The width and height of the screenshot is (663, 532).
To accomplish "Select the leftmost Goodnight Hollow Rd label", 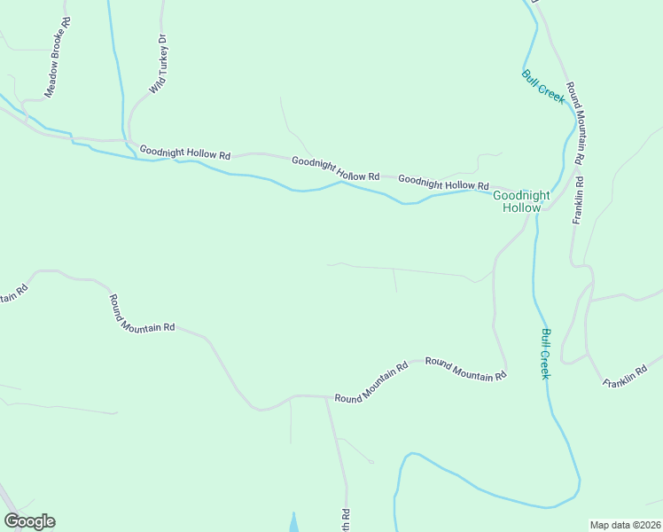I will point(185,153).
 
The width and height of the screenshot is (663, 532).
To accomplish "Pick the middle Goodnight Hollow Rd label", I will point(335,168).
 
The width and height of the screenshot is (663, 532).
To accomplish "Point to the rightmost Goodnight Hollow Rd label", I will point(443,182).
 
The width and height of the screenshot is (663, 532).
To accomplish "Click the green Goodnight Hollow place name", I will point(521,201).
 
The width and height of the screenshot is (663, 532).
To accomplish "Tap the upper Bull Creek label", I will point(543,87).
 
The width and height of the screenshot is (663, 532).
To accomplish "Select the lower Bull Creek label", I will point(547,354).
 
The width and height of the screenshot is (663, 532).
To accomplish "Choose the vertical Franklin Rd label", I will point(578,199).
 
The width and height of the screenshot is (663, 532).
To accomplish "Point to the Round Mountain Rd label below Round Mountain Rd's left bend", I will point(142,313).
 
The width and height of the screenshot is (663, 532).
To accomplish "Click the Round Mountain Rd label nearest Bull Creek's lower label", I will point(465,368).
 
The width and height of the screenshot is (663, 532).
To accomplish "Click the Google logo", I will point(29,521).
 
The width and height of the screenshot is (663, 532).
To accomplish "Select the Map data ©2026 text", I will point(624,525).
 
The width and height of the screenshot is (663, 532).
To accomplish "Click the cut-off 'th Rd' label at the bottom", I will point(346,520).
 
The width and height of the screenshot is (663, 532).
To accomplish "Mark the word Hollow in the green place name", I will point(521,207).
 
